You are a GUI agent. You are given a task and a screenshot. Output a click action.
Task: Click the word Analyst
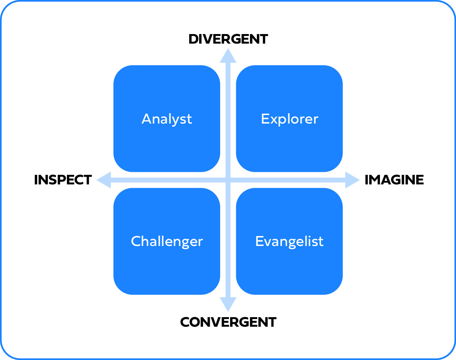point(167,119)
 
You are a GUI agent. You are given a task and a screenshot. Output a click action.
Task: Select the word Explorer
point(289,119)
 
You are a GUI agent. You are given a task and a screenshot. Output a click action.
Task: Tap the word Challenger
point(167,241)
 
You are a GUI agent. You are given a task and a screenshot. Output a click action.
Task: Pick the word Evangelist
point(289,241)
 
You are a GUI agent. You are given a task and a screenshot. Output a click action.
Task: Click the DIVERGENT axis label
point(228,39)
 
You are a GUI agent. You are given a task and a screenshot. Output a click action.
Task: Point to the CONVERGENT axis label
point(228,322)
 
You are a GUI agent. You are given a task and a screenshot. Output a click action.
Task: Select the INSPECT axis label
point(63,180)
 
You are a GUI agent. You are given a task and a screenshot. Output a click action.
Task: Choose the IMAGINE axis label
point(394,180)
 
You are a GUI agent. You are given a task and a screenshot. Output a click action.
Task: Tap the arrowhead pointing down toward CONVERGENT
point(228,305)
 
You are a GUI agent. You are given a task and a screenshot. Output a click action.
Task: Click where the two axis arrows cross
point(228,180)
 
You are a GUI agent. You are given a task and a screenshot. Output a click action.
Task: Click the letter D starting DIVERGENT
point(194,39)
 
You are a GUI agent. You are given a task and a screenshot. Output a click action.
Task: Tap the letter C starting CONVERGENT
point(185,322)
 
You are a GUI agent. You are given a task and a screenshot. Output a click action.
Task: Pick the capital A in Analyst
point(146,119)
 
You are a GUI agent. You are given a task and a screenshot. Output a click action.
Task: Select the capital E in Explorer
point(265,119)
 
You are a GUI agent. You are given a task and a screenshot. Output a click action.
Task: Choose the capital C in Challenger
point(136,241)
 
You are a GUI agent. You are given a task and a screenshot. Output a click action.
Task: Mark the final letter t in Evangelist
point(321,241)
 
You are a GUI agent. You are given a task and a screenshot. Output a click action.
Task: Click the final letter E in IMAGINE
point(420,180)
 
